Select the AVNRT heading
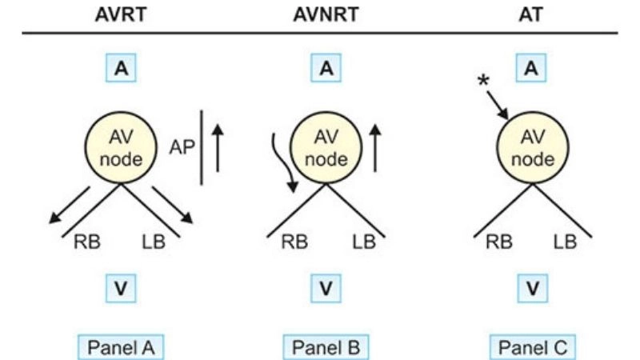[325, 15]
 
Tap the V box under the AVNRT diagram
[326, 287]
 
